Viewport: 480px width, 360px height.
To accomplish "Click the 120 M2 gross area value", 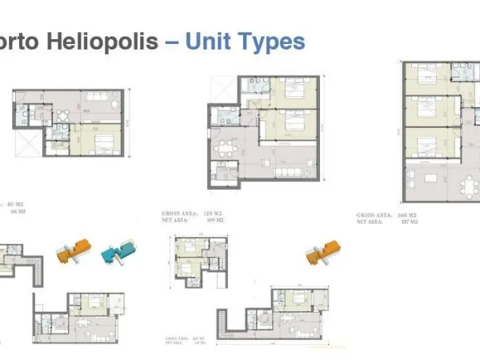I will pos(212,212).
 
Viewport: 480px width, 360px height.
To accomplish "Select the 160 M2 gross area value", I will pos(408,215).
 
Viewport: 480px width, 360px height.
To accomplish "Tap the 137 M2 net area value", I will pos(408,222).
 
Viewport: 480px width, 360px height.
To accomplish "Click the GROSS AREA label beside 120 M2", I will pos(178,212).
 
